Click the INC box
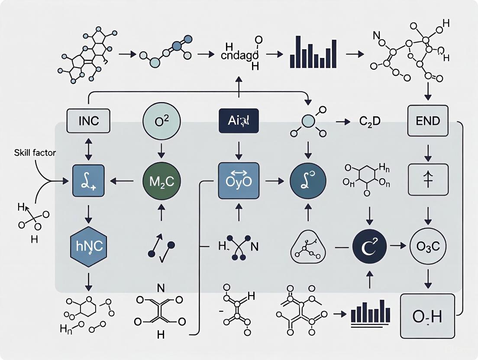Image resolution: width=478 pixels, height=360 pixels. click(88, 121)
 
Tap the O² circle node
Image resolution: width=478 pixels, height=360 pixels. click(161, 121)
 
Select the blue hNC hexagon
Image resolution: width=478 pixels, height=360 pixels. click(88, 247)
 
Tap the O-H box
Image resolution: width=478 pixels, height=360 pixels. click(428, 316)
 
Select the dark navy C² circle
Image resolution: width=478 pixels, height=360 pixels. click(369, 247)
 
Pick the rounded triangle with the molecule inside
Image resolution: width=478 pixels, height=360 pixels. click(308, 247)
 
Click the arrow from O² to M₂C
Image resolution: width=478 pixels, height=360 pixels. click(161, 150)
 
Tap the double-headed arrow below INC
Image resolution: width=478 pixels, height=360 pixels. click(88, 148)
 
